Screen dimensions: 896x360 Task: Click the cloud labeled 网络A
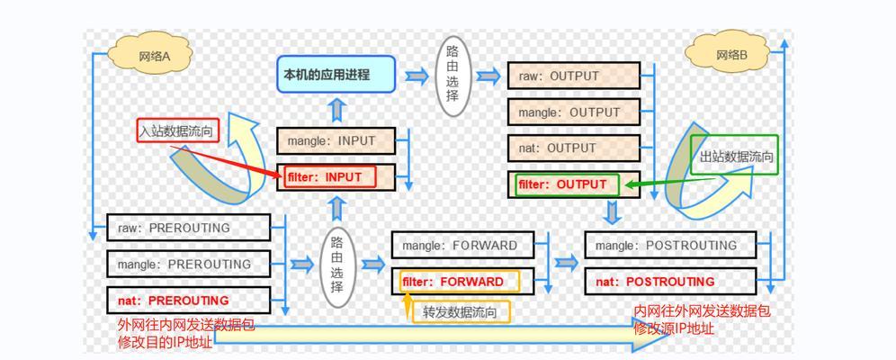[149, 56]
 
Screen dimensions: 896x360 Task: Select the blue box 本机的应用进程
[336, 75]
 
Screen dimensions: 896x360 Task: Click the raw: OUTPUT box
[574, 76]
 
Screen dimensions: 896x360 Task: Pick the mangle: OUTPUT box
[574, 112]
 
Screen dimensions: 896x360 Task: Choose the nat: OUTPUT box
[574, 148]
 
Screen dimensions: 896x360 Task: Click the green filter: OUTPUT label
[567, 185]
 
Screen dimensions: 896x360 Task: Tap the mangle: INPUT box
[336, 140]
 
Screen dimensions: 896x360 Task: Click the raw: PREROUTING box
[189, 228]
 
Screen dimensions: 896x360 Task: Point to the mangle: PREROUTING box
[189, 264]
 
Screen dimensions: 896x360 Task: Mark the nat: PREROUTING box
[189, 300]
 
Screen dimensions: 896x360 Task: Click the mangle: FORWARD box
[463, 245]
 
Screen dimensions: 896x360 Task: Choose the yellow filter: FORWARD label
[460, 282]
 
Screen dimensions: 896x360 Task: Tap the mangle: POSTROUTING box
[670, 245]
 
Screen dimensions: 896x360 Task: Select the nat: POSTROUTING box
[670, 282]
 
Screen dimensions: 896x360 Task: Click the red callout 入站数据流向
[178, 130]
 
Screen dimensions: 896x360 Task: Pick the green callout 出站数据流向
[734, 155]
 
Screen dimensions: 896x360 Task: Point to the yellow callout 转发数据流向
[461, 312]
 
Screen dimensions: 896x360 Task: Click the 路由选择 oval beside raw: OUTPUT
[453, 76]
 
